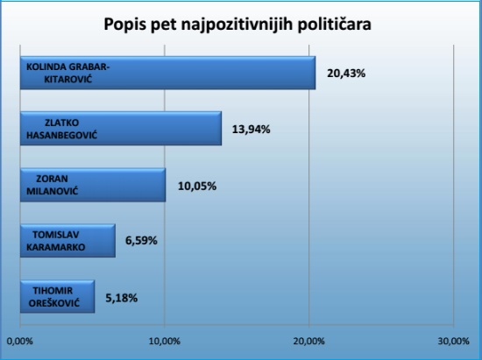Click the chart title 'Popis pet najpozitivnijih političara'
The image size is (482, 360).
[237, 25]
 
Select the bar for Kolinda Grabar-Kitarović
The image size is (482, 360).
[168, 73]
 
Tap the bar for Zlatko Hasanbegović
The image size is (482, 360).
[121, 129]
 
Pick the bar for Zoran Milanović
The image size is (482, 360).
[93, 185]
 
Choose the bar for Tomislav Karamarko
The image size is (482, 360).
[68, 241]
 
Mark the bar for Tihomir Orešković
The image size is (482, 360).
[58, 297]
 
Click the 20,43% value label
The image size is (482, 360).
[346, 74]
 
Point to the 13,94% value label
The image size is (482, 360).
[252, 130]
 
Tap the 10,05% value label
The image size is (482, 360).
[197, 187]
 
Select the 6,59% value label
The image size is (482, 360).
[141, 241]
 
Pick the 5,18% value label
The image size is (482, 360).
[122, 298]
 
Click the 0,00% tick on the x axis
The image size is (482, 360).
[19, 342]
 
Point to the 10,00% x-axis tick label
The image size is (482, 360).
[165, 342]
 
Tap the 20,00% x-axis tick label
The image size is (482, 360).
[309, 342]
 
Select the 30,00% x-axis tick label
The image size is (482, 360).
[454, 342]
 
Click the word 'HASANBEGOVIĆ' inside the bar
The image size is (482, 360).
[62, 135]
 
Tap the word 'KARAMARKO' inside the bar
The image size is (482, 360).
[55, 247]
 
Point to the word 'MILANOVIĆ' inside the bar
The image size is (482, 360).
[53, 191]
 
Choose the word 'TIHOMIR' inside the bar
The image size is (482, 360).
[53, 291]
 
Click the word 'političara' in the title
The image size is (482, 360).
[335, 25]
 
